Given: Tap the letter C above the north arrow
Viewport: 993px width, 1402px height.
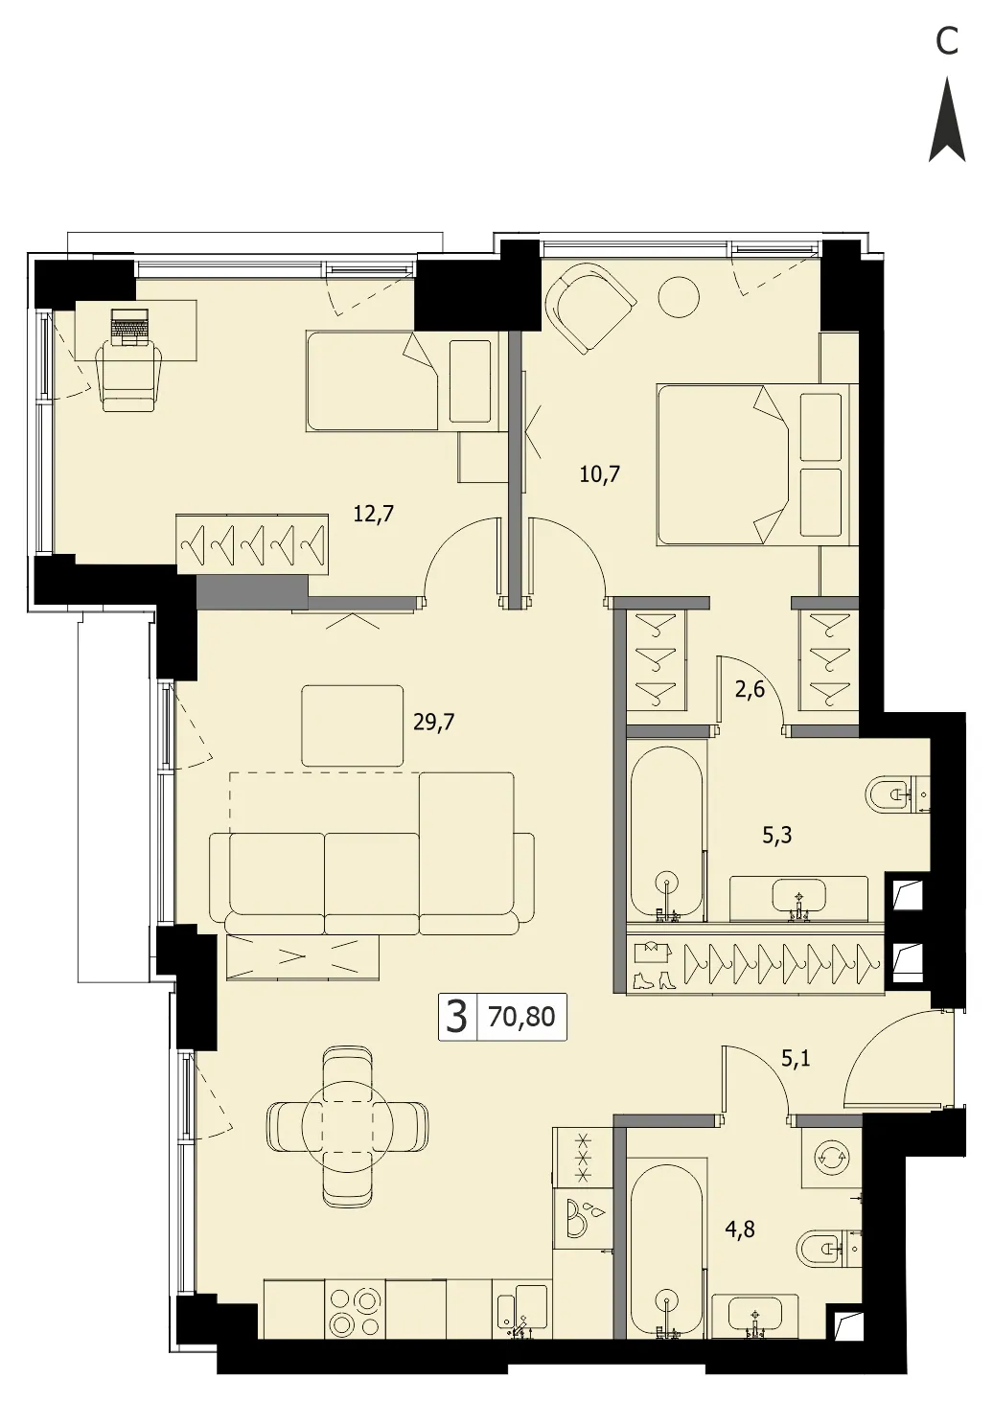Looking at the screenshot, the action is (947, 41).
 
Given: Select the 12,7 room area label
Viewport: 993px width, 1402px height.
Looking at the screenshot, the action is (374, 515).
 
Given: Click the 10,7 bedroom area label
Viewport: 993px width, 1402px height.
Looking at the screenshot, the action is (600, 473).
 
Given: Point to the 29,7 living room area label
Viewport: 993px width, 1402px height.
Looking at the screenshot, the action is (434, 723).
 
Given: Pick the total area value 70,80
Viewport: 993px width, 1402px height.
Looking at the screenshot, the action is (521, 1017).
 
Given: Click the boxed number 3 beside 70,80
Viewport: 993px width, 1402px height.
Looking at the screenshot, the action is (458, 1017).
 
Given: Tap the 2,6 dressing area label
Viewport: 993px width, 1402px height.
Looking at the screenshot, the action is (751, 692).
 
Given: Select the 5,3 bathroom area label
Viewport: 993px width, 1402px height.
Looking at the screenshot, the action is (777, 835).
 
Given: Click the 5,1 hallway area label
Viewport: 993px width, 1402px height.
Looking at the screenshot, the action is (796, 1059).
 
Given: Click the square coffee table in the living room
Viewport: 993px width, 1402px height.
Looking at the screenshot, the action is (353, 725).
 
